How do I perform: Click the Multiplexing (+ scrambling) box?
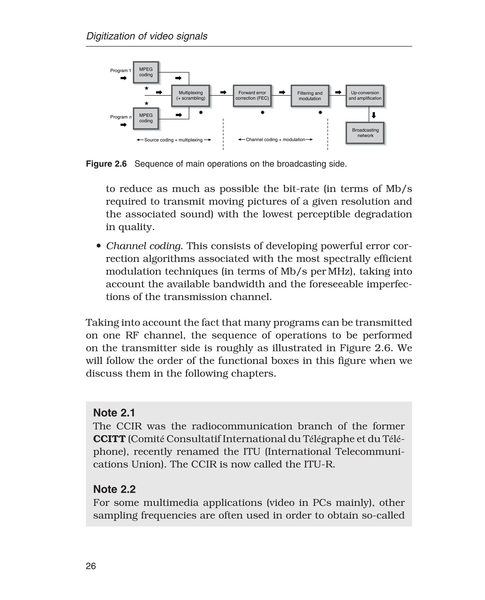point(191,96)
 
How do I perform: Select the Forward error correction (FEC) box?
point(252,96)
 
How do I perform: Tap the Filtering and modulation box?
point(310,96)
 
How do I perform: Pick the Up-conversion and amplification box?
point(365,96)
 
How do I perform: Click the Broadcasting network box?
point(365,133)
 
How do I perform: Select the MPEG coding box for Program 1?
point(146,72)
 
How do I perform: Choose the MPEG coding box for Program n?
point(146,118)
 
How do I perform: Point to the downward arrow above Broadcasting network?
point(373,115)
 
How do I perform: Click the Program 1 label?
point(120,70)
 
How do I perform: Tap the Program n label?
point(121,117)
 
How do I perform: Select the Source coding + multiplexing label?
point(173,140)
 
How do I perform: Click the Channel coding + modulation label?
point(275,140)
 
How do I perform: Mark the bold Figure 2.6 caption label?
point(106,164)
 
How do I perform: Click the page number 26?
point(91,566)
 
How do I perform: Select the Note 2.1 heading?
point(114,413)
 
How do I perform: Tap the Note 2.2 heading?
point(114,489)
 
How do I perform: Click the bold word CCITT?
point(109,439)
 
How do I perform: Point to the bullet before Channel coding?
point(98,246)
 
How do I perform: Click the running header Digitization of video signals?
point(147,36)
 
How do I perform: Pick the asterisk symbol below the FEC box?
point(262,112)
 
